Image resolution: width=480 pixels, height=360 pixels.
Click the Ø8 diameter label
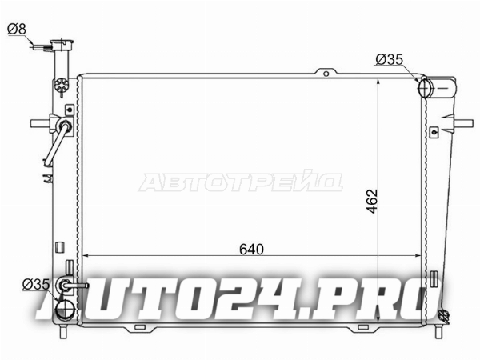(17, 30)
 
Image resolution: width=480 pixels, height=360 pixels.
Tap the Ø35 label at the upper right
(390, 59)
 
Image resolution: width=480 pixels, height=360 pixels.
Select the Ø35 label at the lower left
(36, 284)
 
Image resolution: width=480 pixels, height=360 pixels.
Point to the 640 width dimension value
(251, 250)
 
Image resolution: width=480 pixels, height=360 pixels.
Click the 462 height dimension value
(373, 201)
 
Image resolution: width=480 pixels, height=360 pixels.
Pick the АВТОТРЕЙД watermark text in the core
(241, 182)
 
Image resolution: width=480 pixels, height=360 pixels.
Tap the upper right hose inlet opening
(424, 88)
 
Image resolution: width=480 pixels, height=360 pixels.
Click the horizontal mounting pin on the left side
(40, 123)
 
